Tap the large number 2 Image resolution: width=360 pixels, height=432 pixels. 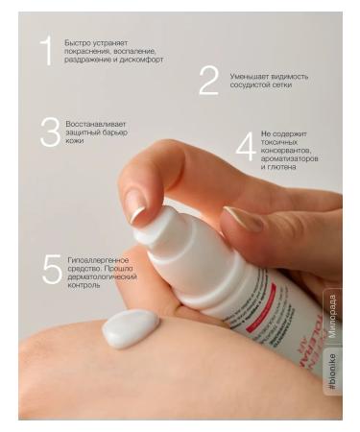(208, 81)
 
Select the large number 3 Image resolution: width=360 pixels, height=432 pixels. (49, 132)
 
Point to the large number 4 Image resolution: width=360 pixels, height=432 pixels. (246, 147)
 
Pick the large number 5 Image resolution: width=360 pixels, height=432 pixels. (52, 270)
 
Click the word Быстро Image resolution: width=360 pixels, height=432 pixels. (79, 42)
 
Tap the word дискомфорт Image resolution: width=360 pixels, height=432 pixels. (141, 60)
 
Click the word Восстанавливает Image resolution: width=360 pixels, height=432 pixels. (96, 124)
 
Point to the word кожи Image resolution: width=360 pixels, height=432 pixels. (75, 141)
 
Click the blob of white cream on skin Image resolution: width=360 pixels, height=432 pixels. (131, 328)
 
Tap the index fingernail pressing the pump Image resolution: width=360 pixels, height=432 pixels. (135, 204)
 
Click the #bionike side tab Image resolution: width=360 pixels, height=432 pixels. (332, 372)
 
